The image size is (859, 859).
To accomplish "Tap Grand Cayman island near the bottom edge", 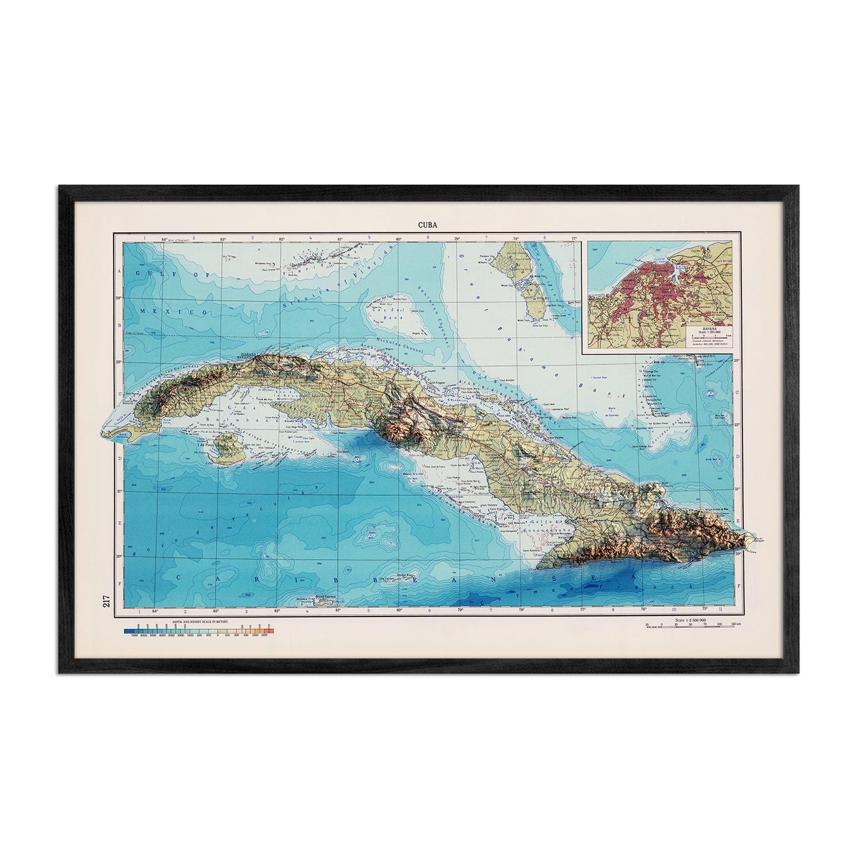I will [321, 603].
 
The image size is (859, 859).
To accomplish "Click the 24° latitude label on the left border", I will [118, 298].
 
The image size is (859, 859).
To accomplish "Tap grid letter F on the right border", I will [739, 585].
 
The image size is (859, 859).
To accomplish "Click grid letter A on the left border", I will [118, 269].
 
